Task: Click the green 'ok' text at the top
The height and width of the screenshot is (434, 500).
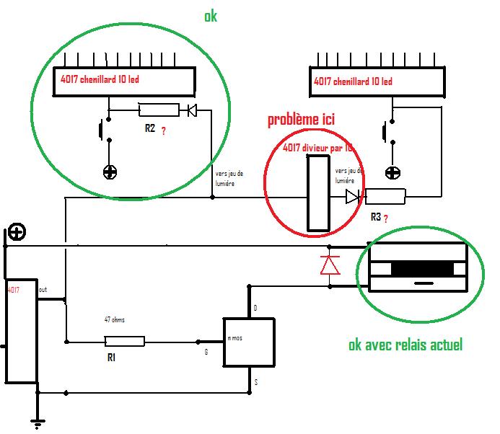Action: coord(210,15)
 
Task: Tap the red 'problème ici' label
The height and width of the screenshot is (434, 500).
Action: coord(301,120)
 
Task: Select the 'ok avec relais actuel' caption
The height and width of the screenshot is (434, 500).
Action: coord(405,345)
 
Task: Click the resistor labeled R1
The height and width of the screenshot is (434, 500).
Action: coord(125,341)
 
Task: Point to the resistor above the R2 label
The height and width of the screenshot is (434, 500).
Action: coord(158,110)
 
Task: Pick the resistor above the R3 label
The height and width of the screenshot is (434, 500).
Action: coord(385,196)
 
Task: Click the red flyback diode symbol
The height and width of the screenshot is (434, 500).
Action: coord(330,265)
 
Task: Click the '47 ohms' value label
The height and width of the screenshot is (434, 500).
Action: coord(115,319)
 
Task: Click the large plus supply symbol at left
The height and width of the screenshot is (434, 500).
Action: coord(17,232)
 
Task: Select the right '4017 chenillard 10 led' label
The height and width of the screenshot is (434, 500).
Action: coord(353,81)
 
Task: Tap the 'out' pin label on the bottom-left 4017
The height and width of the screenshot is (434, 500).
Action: coord(43,290)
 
